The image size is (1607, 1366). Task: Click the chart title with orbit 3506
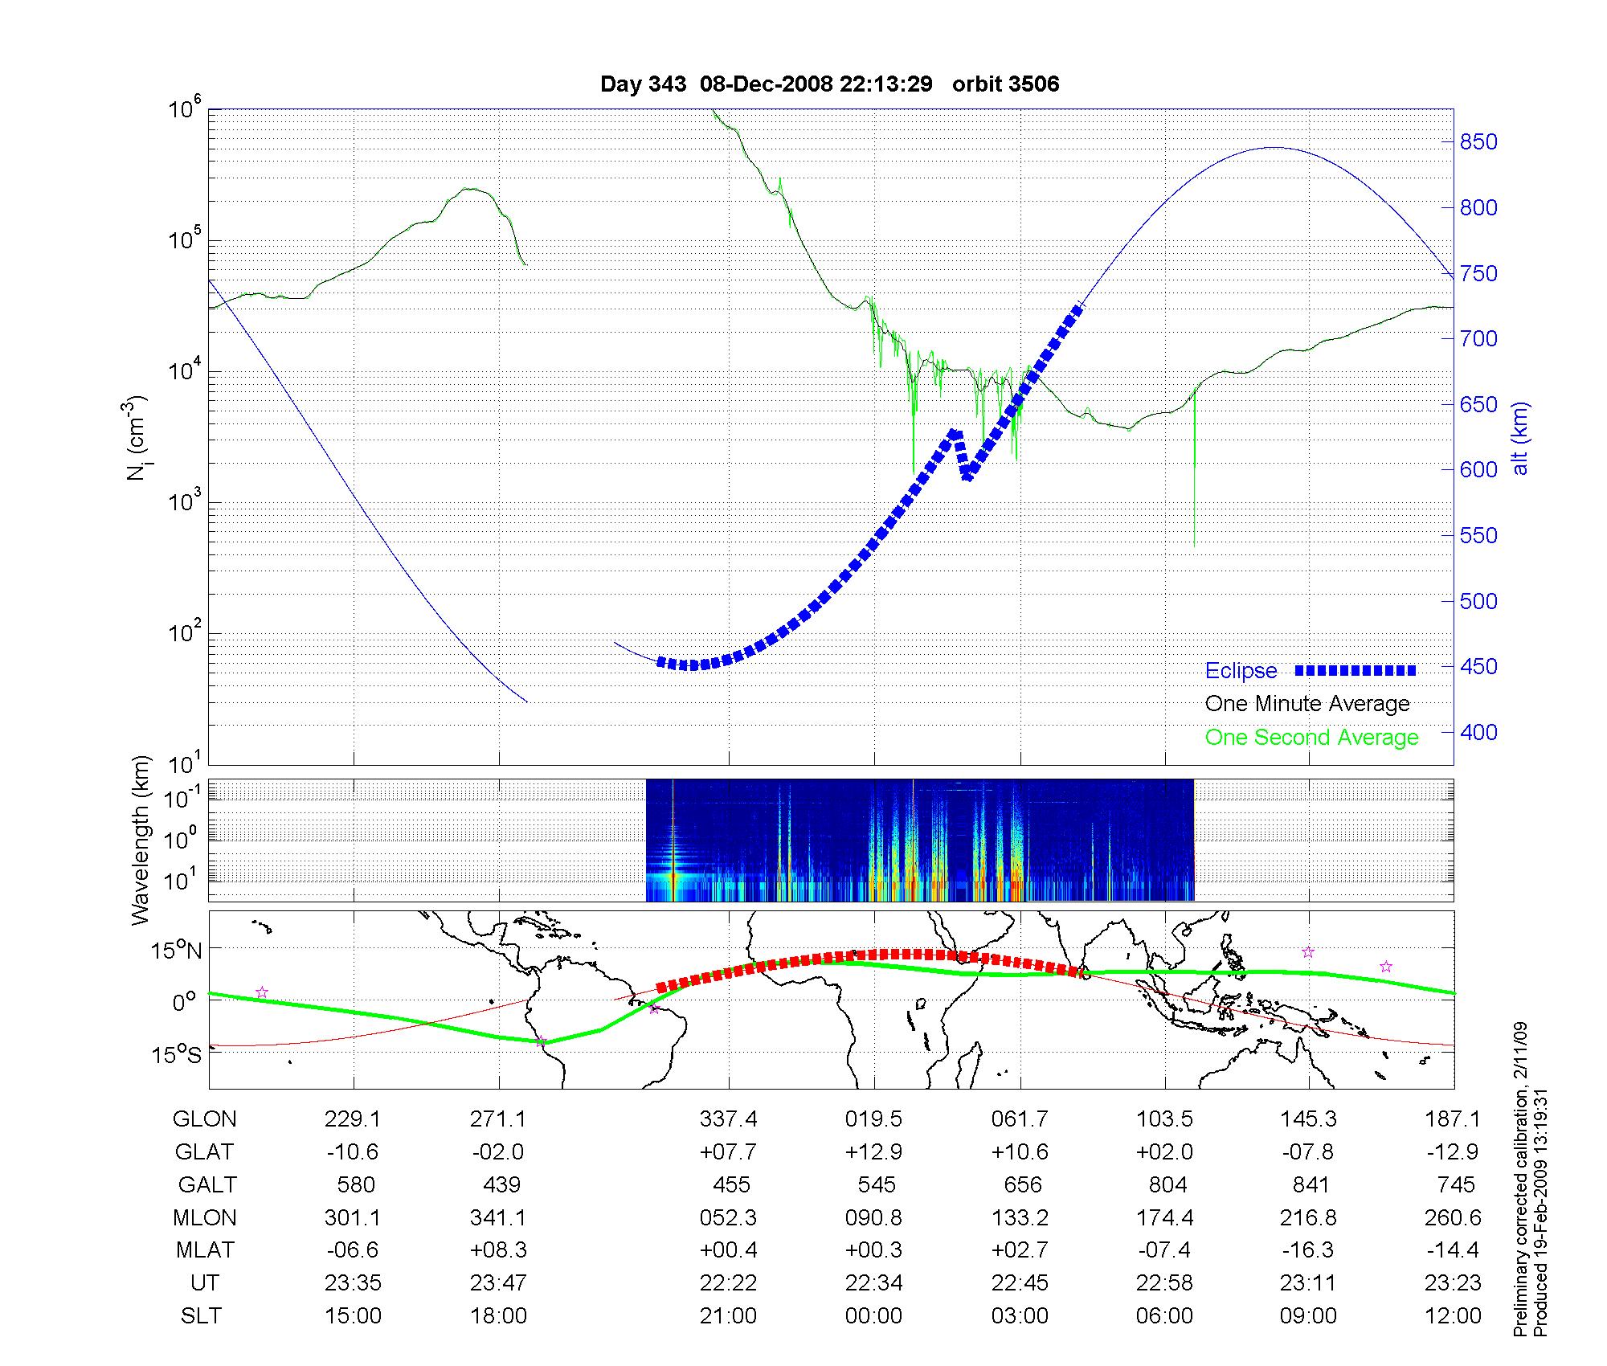[829, 84]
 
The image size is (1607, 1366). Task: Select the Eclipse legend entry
[1241, 671]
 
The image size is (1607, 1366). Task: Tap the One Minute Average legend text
[1307, 704]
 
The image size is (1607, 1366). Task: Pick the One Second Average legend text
[1311, 738]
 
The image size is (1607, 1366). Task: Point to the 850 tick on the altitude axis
[1478, 142]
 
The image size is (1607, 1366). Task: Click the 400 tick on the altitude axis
[1478, 733]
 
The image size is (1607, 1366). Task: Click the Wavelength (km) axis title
[141, 840]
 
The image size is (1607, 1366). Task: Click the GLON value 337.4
[729, 1119]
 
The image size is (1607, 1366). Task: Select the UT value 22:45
[1020, 1282]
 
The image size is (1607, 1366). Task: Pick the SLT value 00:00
[873, 1315]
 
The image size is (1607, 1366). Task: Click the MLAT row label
[205, 1250]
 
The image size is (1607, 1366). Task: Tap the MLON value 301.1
[353, 1218]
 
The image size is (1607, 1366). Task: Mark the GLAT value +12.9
[873, 1152]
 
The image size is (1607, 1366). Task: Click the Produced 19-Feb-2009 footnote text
[1540, 1213]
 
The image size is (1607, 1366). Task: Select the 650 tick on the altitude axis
[1478, 405]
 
